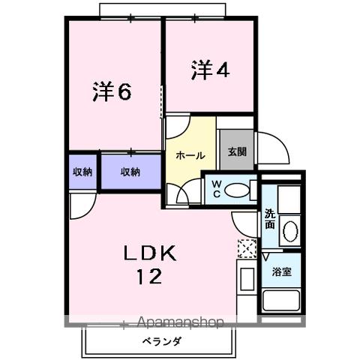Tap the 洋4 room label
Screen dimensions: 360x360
pos(209,70)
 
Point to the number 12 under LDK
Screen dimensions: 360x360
pos(149,277)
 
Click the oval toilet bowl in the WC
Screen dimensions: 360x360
pos(238,191)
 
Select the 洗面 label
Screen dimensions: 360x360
pos(270,220)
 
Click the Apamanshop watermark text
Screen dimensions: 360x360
pos(181,323)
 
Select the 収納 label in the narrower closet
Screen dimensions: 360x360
pos(82,172)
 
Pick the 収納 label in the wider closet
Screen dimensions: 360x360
pos(130,172)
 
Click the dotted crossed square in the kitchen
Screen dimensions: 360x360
pos(246,248)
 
